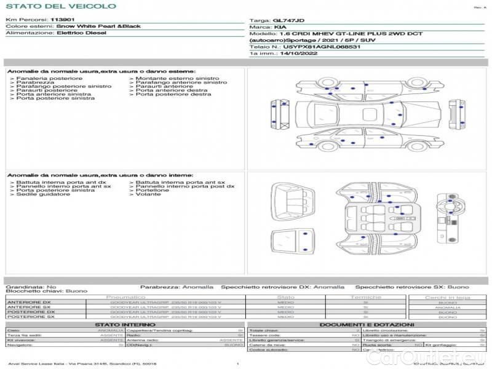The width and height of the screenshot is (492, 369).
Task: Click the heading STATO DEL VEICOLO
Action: pyautogui.click(x=61, y=6)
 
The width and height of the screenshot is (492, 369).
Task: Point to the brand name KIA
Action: pyautogui.click(x=280, y=27)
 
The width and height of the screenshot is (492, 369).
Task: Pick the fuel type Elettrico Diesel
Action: pyautogui.click(x=81, y=33)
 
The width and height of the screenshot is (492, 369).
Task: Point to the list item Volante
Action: pyautogui.click(x=148, y=194)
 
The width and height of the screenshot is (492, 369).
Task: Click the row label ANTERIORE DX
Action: pyautogui.click(x=29, y=302)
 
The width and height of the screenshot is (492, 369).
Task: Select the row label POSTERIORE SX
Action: pyautogui.click(x=30, y=317)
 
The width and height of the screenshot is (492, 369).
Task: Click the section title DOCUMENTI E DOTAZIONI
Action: pyautogui.click(x=367, y=324)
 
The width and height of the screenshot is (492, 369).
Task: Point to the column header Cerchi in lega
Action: pyautogui.click(x=447, y=297)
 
